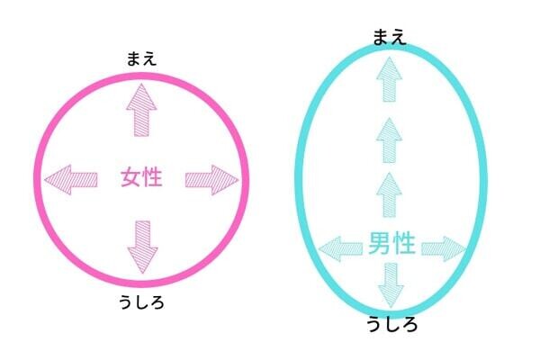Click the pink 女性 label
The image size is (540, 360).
(141, 177)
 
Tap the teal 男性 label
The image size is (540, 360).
(391, 243)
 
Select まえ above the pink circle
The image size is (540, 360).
(141, 58)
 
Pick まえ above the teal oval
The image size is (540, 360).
(390, 37)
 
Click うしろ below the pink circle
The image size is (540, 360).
(141, 302)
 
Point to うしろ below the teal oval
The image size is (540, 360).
(391, 324)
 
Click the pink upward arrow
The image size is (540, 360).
(141, 110)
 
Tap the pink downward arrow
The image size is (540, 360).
(142, 247)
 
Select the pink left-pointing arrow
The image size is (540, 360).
(71, 179)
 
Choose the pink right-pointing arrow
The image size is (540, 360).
(211, 180)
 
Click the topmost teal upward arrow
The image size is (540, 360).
(389, 79)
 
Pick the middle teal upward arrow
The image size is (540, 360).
(389, 140)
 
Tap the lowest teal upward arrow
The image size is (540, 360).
(389, 195)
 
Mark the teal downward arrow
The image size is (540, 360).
(391, 285)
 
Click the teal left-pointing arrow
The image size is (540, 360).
(340, 248)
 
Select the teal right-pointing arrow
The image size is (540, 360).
(444, 248)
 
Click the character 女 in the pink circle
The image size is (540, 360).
(130, 177)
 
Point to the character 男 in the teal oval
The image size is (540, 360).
(379, 243)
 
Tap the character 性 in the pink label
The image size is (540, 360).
(152, 177)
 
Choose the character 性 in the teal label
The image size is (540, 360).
(404, 243)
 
